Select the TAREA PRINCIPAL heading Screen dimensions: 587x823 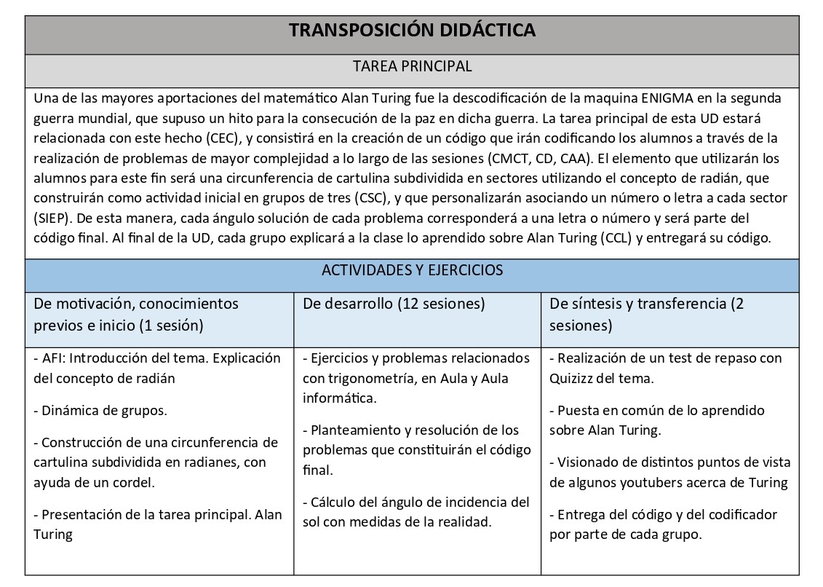(x=412, y=66)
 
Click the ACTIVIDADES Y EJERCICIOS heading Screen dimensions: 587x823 (x=412, y=270)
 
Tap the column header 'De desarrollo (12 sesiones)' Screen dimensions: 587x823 (x=394, y=304)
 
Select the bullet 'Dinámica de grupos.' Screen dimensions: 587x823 (x=100, y=410)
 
